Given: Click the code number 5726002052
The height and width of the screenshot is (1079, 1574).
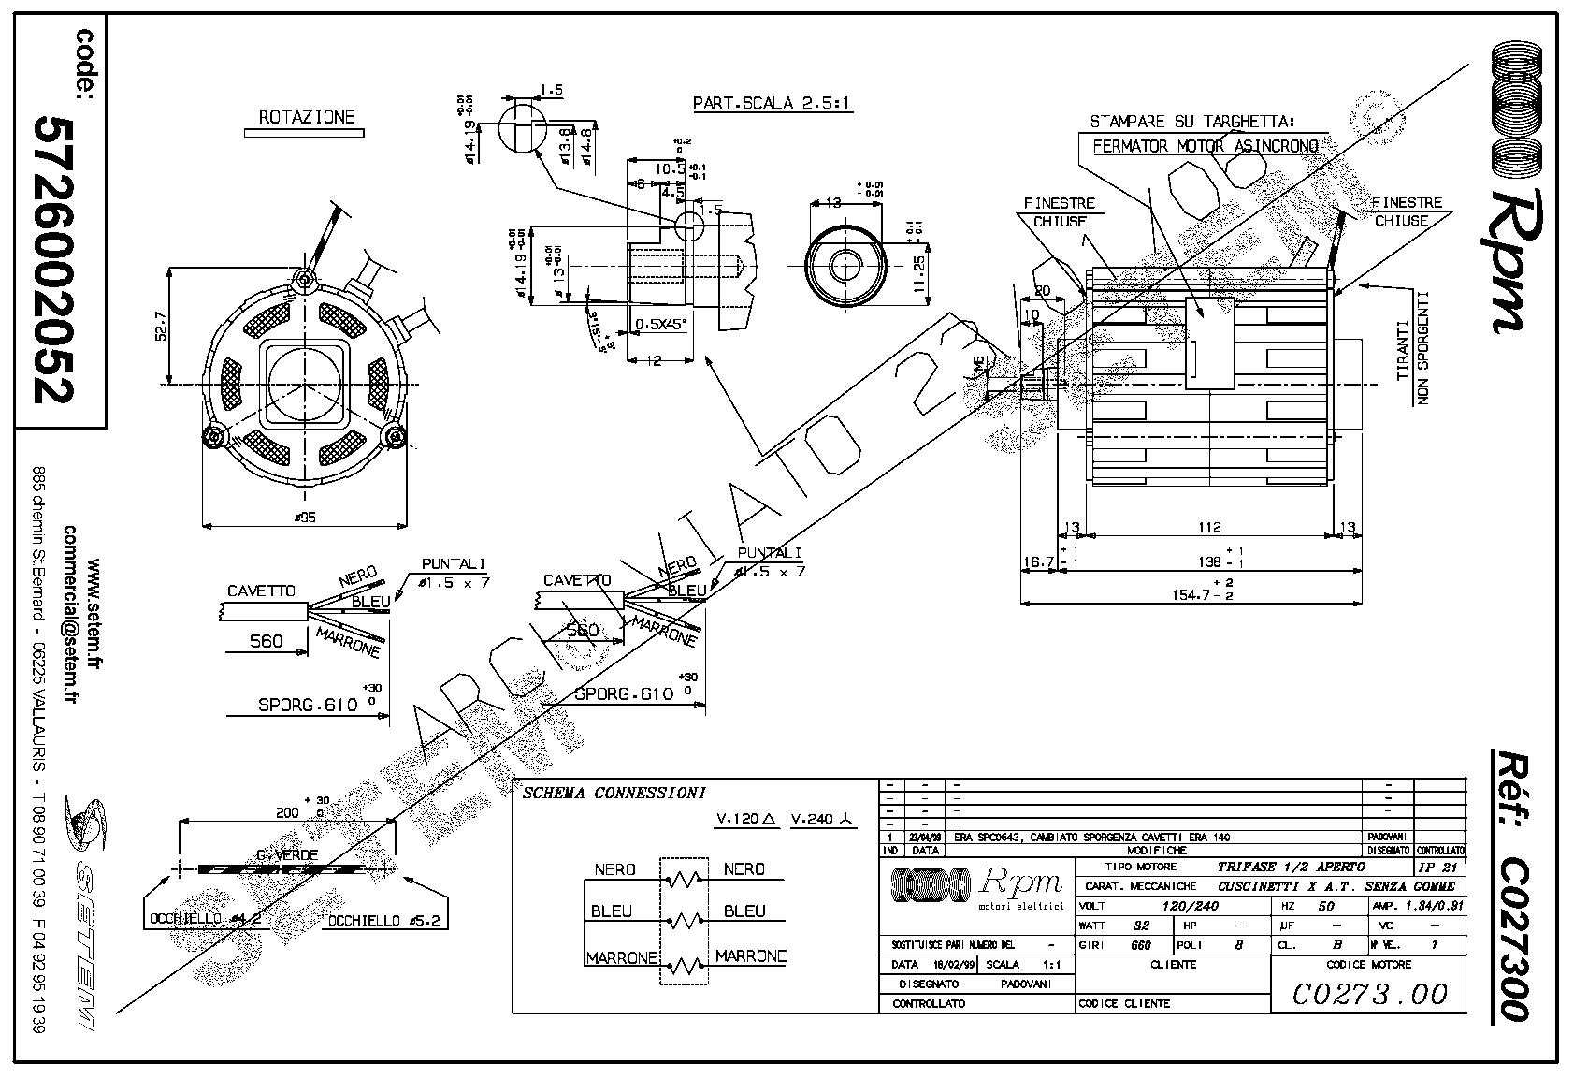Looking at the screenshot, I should click(52, 260).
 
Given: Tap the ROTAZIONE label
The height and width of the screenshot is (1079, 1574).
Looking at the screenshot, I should click(307, 118).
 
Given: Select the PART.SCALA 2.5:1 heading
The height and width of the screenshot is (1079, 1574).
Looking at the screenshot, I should click(772, 104).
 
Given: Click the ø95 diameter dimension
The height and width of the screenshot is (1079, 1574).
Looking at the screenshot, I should click(305, 517).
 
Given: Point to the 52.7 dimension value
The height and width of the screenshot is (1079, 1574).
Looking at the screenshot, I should click(160, 327).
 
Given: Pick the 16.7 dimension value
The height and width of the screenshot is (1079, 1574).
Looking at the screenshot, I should click(1038, 562).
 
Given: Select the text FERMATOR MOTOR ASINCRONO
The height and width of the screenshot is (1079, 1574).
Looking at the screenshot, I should click(1206, 147).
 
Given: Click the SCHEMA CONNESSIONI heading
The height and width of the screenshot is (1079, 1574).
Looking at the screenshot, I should click(614, 794).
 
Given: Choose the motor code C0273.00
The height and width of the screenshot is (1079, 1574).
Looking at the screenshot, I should click(1369, 993).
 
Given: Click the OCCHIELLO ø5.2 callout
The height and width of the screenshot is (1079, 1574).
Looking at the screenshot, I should click(383, 921).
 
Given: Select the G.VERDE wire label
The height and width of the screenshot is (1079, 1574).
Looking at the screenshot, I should click(287, 854).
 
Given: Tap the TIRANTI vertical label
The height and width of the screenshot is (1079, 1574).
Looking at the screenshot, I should click(1402, 350).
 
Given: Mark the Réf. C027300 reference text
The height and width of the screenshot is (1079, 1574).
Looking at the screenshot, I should click(1511, 883).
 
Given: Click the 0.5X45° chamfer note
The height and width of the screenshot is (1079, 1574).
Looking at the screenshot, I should click(661, 325).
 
